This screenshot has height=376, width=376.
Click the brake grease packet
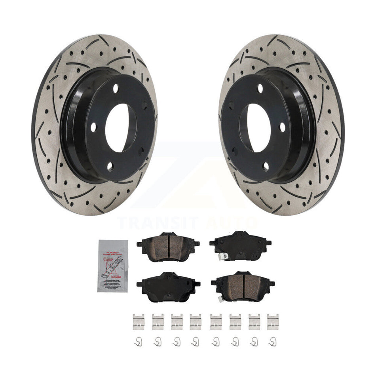(x=113, y=266)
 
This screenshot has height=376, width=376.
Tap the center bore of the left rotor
(x=121, y=128)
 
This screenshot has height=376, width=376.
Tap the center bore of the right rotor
(x=255, y=128)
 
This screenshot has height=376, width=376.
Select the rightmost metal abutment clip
(x=272, y=322)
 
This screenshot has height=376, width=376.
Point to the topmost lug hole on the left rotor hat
(x=115, y=89)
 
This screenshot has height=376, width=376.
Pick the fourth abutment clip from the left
(x=195, y=322)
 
